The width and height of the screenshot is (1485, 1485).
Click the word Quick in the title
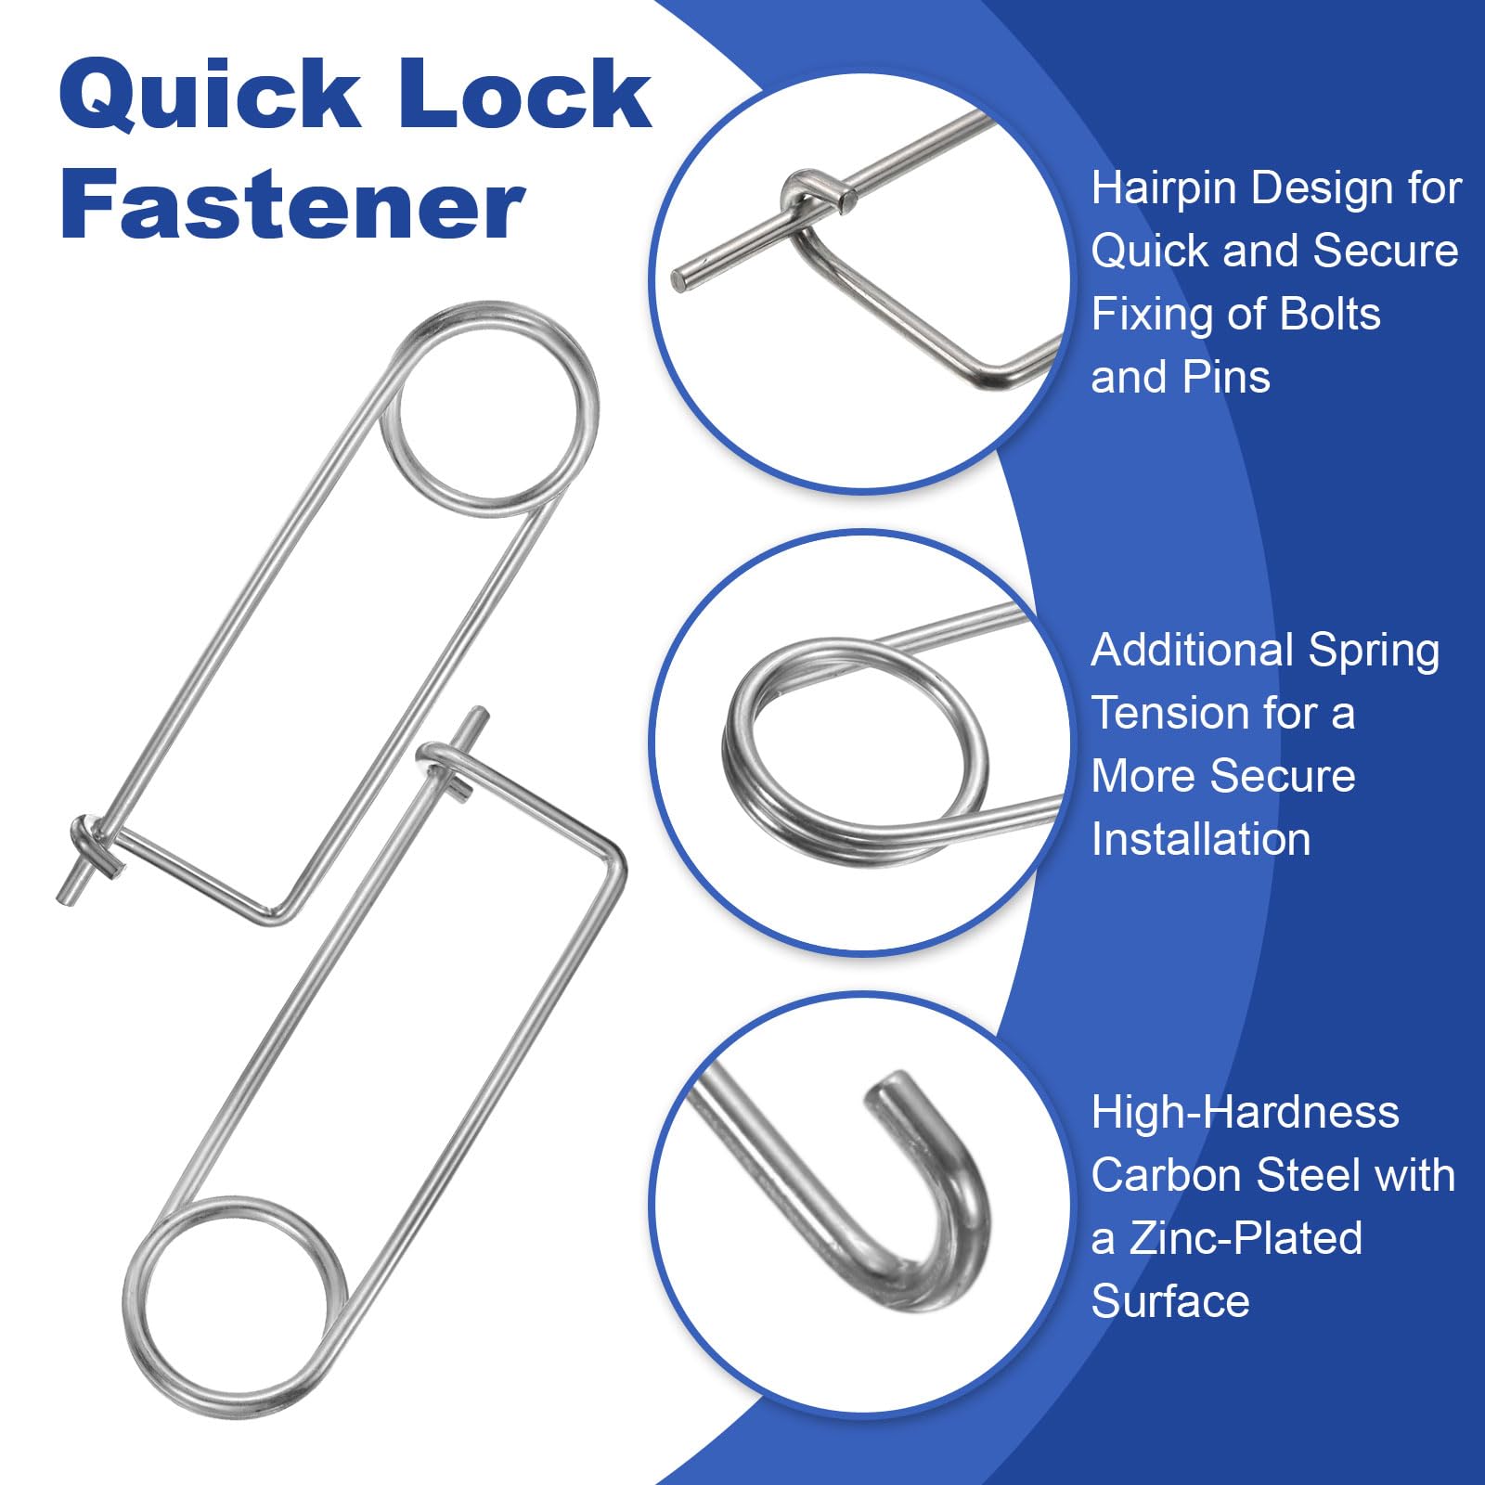pos(209,95)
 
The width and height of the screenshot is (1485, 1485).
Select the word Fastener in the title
pos(292,204)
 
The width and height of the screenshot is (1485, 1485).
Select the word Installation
pos(1201,839)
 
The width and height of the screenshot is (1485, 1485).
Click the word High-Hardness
pos(1245,1112)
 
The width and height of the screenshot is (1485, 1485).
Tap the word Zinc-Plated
pos(1246,1238)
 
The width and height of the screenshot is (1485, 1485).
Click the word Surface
pos(1170,1301)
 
